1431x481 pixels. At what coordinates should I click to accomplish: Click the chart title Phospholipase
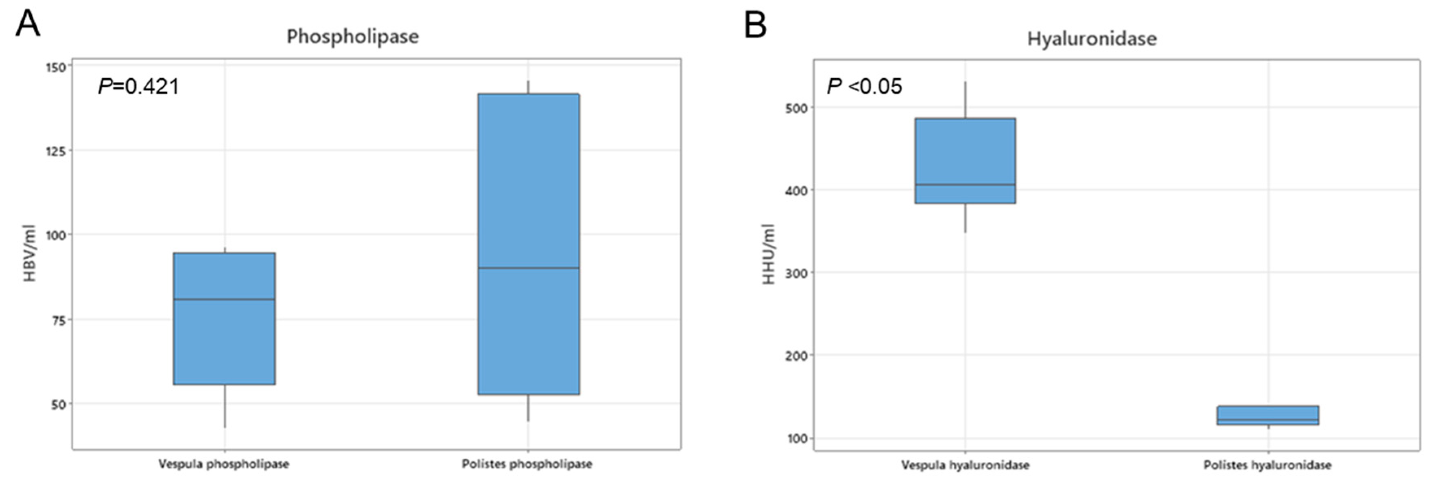click(353, 37)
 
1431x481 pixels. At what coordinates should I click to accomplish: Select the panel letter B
click(756, 25)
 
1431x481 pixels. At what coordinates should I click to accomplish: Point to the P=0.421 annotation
click(139, 86)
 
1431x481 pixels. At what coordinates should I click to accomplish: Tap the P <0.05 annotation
click(864, 86)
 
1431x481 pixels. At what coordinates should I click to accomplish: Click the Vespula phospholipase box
click(225, 318)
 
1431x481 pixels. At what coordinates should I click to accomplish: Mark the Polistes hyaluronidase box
click(1268, 415)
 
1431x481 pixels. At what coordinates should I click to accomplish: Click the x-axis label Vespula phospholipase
click(224, 464)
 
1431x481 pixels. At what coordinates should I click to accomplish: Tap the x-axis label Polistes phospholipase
click(527, 464)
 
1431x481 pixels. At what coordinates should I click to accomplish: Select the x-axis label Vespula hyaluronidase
click(966, 465)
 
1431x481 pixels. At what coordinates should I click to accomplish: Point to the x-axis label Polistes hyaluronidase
click(1268, 465)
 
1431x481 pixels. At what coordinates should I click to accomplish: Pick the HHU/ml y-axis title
click(769, 254)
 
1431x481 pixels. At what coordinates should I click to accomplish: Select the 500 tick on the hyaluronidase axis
click(795, 108)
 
